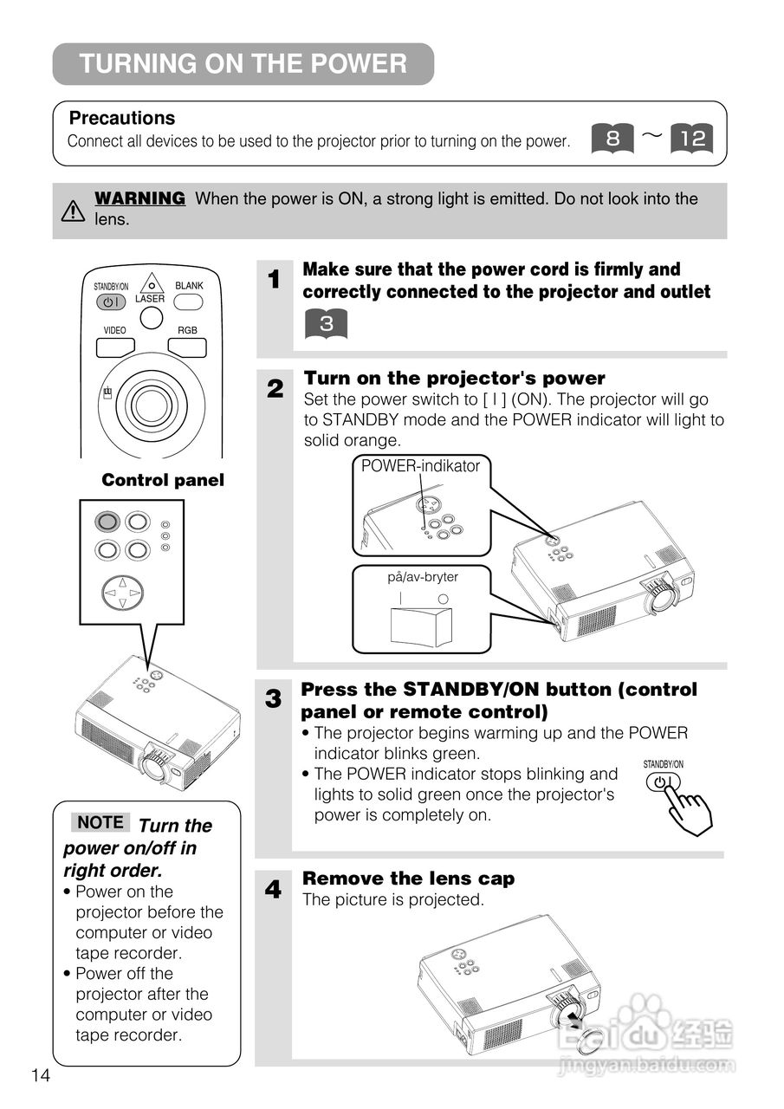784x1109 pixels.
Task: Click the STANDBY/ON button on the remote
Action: click(111, 302)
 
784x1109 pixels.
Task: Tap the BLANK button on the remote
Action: click(188, 302)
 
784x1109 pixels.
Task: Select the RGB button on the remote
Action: click(187, 347)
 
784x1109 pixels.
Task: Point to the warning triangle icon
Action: click(74, 210)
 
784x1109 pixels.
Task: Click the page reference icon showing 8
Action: click(612, 138)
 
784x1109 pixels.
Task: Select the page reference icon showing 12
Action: click(692, 138)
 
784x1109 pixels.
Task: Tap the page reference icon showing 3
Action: click(325, 324)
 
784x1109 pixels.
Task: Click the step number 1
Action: click(275, 280)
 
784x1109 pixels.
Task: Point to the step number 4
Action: click(274, 890)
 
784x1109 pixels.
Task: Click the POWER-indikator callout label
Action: click(420, 466)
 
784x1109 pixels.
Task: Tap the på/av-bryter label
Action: click(422, 577)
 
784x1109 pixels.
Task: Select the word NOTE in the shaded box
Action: click(100, 822)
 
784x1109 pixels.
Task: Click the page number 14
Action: click(41, 1076)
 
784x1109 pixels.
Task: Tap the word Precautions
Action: click(122, 118)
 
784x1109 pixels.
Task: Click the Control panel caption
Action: click(163, 480)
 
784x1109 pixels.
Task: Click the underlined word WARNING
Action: click(139, 198)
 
